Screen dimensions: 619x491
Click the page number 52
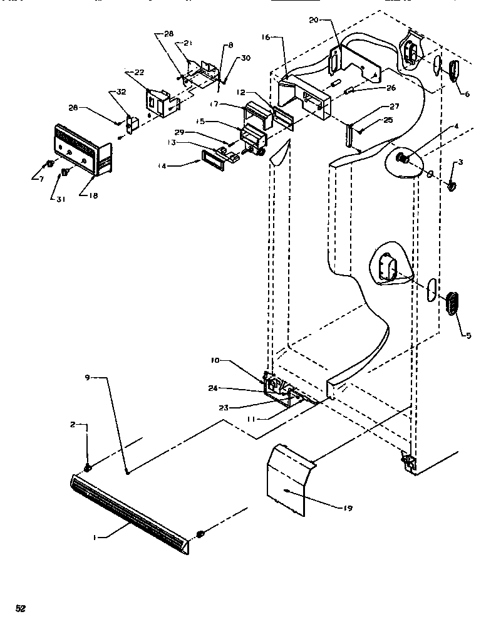[21, 608]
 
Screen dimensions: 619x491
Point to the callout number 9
[88, 377]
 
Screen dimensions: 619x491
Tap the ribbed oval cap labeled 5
[452, 303]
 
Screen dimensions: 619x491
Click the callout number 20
[315, 20]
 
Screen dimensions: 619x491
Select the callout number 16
[266, 38]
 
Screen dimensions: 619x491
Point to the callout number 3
[460, 162]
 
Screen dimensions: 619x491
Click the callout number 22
[138, 72]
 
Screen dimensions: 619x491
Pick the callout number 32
[121, 92]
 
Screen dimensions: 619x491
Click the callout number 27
[394, 107]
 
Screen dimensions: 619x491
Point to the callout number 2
[74, 425]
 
